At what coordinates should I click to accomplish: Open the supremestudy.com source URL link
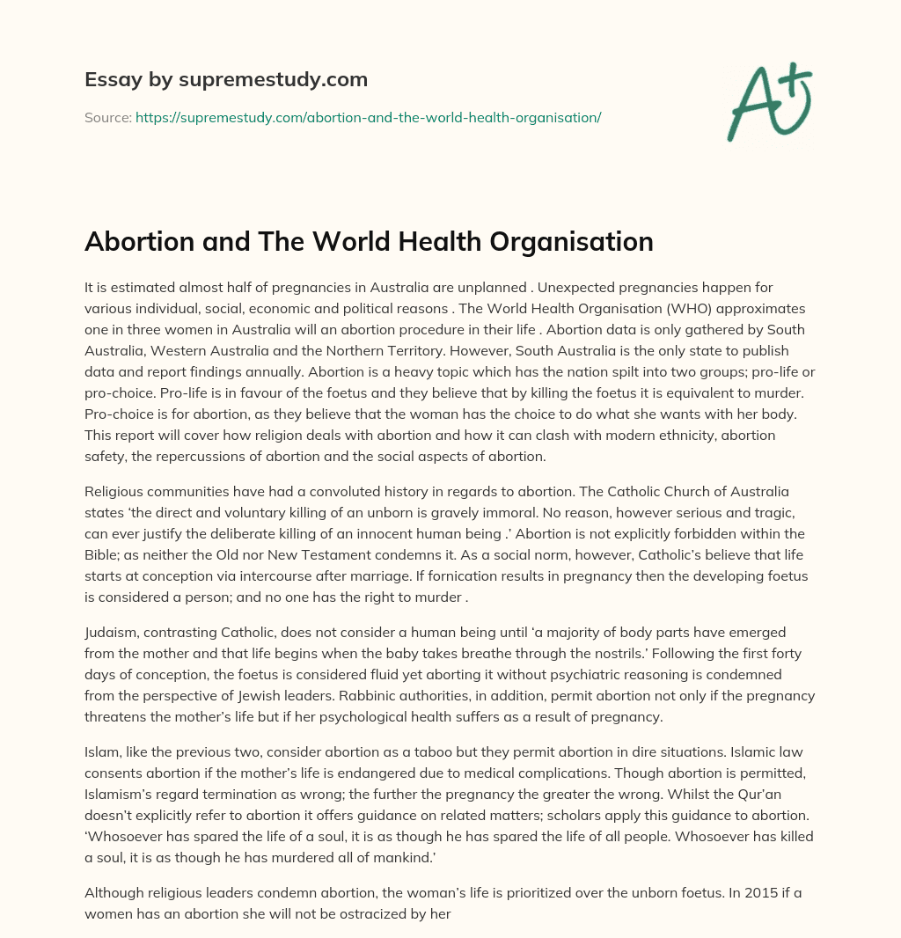[368, 117]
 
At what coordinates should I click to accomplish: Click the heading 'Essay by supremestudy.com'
[225, 80]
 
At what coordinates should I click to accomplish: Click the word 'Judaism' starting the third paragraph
[112, 633]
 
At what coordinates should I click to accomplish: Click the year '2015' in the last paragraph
[739, 891]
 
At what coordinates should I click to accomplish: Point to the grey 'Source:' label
[107, 117]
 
